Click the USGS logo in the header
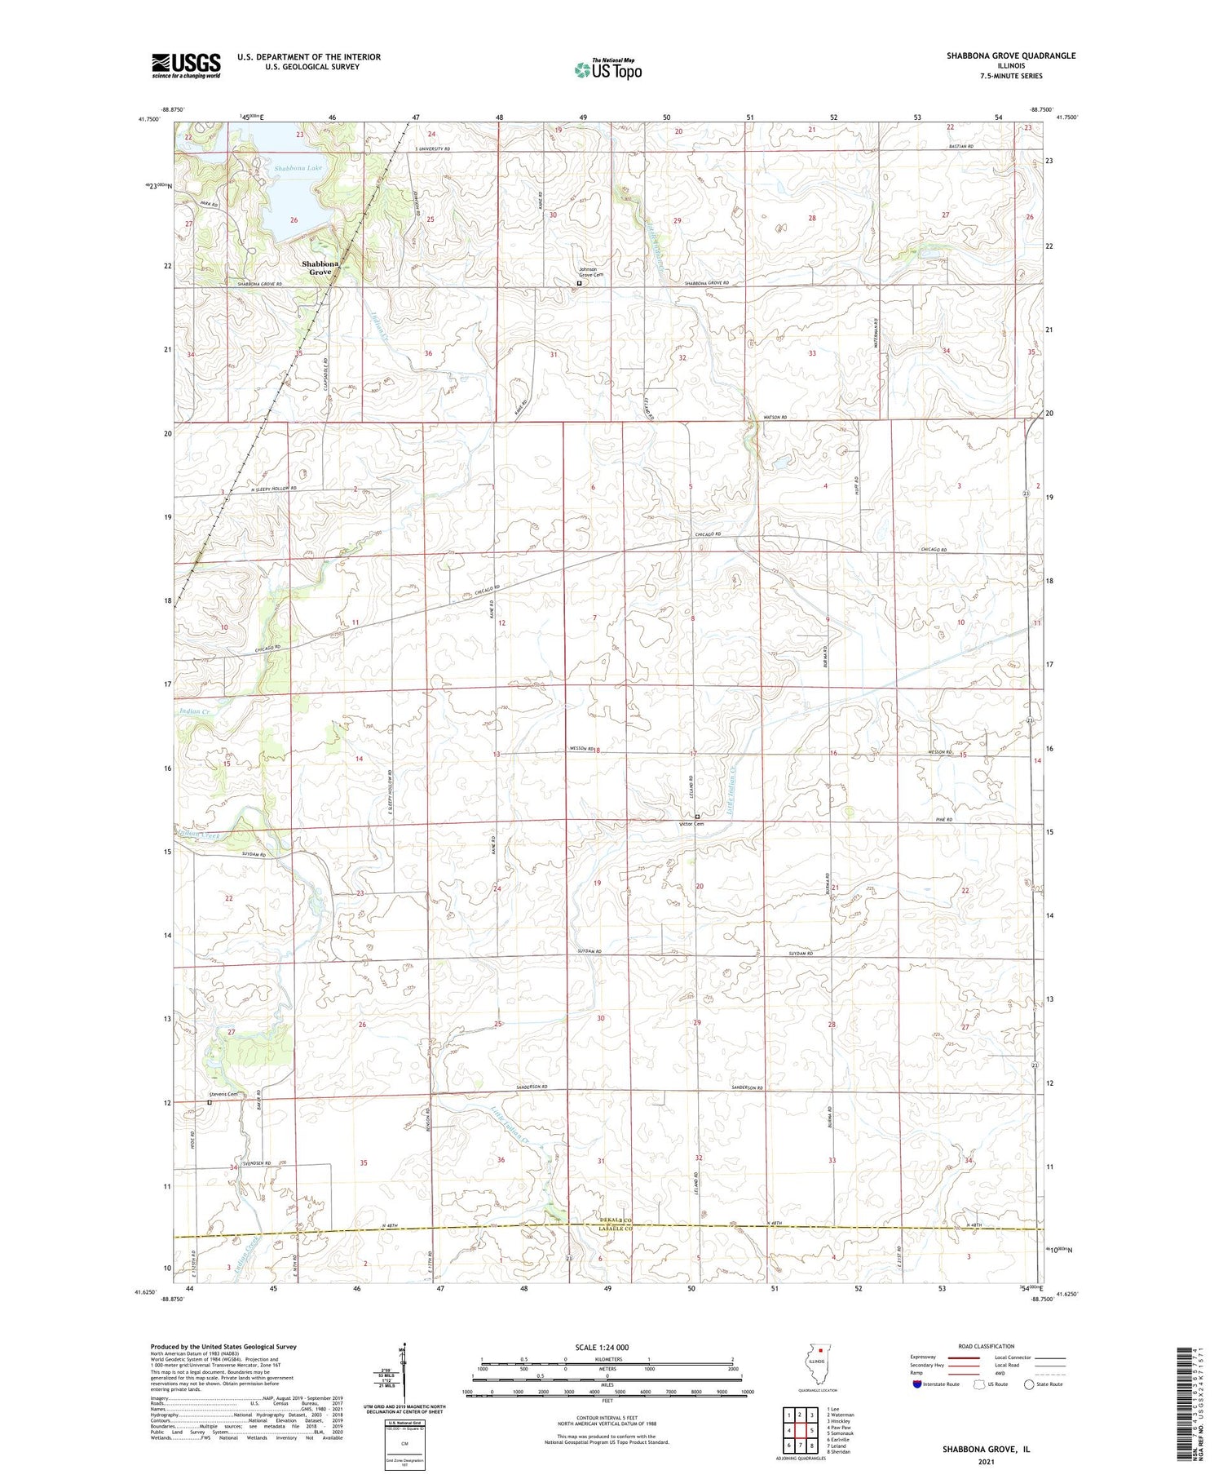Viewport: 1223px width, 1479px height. tap(186, 65)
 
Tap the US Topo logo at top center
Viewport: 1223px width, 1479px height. tap(607, 70)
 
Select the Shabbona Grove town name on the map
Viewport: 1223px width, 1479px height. tap(320, 268)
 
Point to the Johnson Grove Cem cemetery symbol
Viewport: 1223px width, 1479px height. tap(580, 283)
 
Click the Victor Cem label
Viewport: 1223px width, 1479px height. tap(691, 824)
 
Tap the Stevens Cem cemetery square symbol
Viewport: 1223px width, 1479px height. tap(209, 1102)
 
